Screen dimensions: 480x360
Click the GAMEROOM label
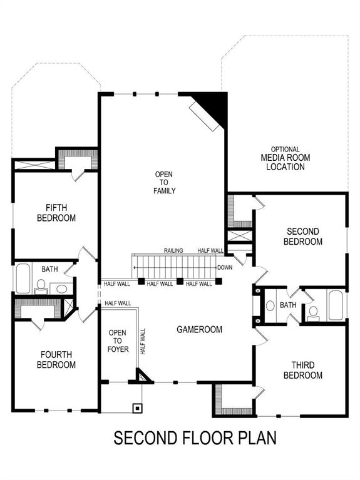point(199,329)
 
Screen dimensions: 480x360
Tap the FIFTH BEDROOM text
point(56,213)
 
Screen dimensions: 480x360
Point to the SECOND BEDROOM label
point(302,237)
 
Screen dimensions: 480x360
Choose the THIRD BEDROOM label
point(302,370)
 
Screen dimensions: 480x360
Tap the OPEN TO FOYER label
point(118,340)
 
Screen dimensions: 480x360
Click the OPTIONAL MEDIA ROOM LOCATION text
point(285,158)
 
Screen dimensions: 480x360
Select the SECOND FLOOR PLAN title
point(194,437)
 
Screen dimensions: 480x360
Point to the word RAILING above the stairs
point(173,251)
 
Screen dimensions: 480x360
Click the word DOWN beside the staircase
point(224,268)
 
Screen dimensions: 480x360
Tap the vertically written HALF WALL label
point(143,342)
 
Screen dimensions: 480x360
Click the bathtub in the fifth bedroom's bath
point(22,279)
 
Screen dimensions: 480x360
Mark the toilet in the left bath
point(41,287)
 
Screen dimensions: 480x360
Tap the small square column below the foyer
point(136,407)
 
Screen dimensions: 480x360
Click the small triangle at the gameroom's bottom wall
point(142,377)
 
